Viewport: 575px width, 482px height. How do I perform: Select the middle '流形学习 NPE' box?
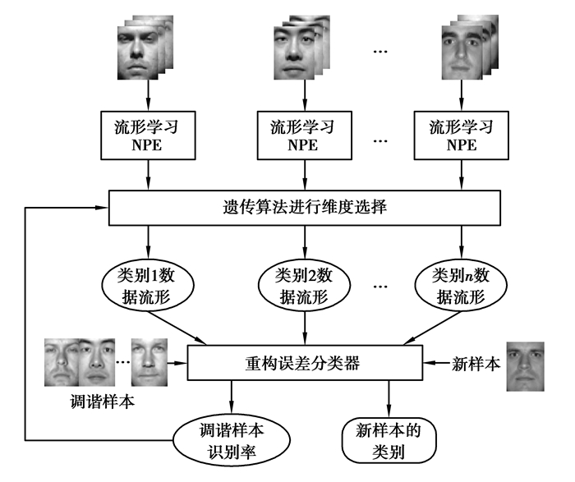pos(306,135)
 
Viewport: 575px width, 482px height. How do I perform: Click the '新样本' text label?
pos(475,363)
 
